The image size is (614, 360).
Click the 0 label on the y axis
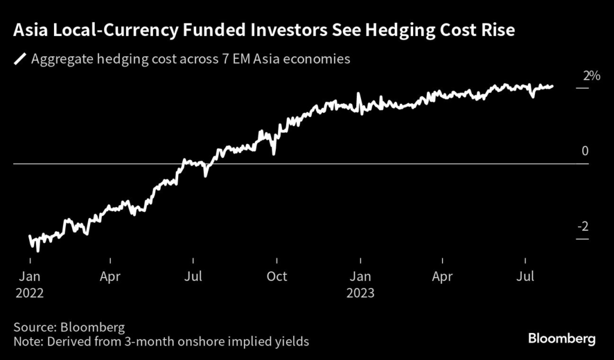pos(585,151)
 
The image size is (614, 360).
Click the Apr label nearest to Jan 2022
pos(111,277)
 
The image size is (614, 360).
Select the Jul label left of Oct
pos(193,277)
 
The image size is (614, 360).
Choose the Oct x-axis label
pos(276,277)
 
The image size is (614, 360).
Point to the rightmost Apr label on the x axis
pos(443,277)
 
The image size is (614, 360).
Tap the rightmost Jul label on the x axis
pos(526,277)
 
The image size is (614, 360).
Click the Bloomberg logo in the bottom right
pos(562,339)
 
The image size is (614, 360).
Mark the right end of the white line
pos(552,86)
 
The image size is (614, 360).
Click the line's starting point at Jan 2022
pos(30,237)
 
